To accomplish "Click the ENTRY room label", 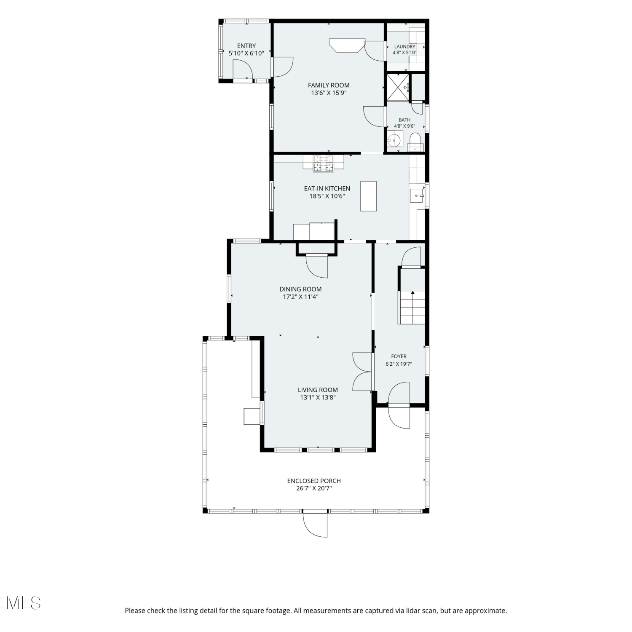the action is (246, 46).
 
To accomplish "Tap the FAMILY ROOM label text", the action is (329, 85).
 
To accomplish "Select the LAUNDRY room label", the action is (404, 47).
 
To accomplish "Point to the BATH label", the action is (404, 120).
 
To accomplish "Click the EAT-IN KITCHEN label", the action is (327, 188).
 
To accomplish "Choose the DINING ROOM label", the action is (300, 289).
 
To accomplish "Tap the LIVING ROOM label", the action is (318, 390).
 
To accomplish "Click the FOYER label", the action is (399, 356).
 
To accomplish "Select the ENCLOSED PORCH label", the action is (314, 481).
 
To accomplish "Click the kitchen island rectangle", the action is (368, 196).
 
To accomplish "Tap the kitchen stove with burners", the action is (323, 163).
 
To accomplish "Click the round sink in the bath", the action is (394, 139).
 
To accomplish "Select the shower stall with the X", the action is (398, 88).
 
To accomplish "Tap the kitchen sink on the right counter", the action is (417, 195).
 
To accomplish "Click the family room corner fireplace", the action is (347, 46).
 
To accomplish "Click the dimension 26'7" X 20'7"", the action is (314, 488).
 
